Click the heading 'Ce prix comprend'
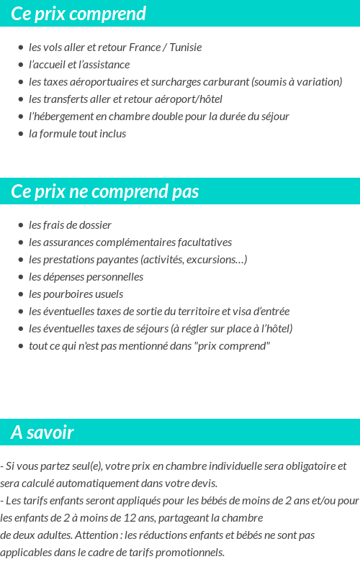[78, 14]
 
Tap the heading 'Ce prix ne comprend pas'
[105, 192]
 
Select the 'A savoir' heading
[42, 432]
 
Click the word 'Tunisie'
[186, 47]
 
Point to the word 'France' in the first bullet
[144, 47]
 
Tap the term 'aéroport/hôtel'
[189, 99]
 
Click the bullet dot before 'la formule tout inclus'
[21, 134]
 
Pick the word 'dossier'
[94, 225]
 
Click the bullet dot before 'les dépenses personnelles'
[21, 277]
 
